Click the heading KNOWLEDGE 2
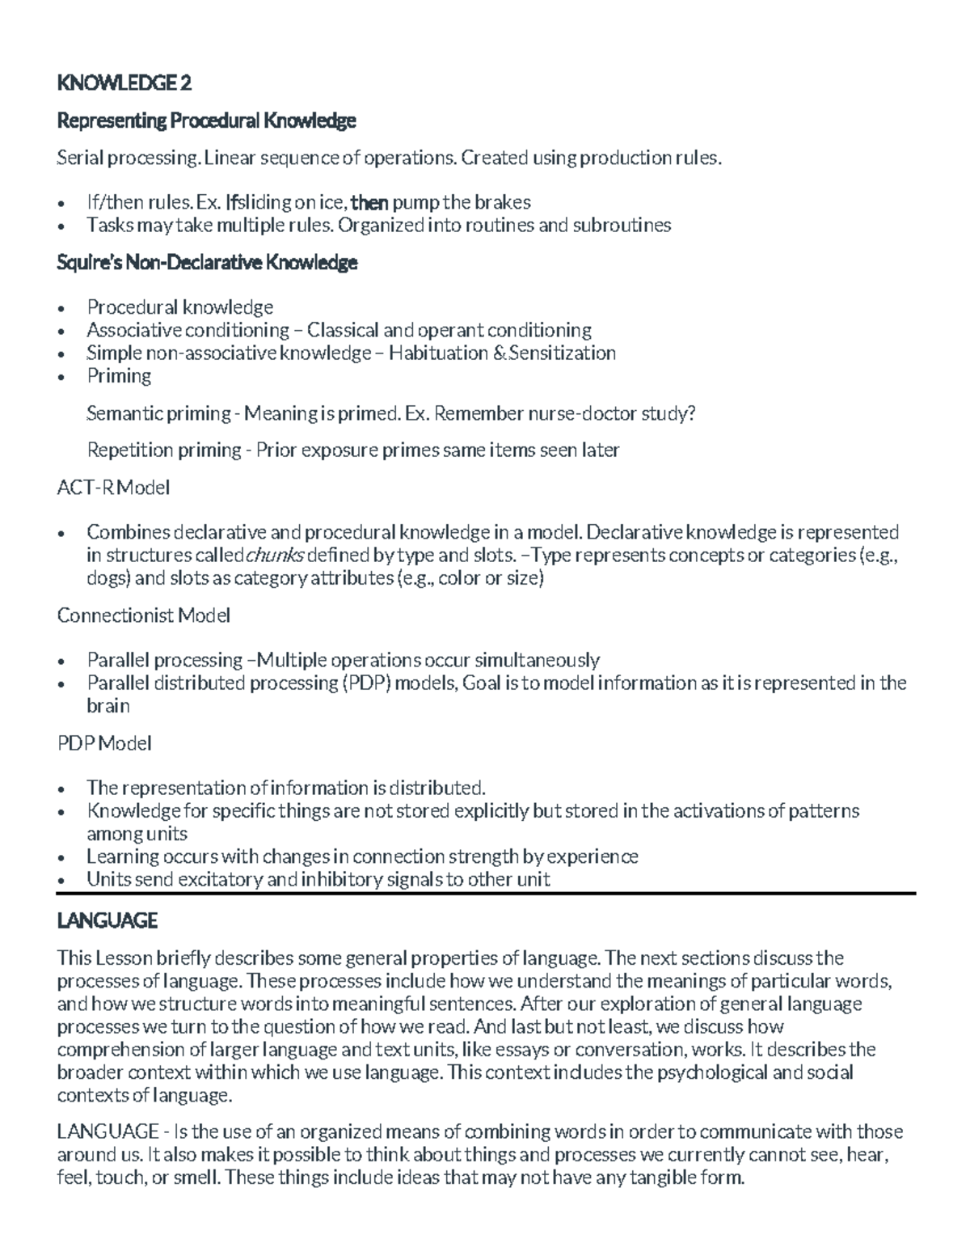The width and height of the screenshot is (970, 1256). coord(124,82)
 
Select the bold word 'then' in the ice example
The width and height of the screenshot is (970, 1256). coord(371,201)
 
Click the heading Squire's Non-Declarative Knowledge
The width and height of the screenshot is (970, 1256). coord(207,263)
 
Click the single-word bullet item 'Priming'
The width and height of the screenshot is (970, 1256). coord(119,375)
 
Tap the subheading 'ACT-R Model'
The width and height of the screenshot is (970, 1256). coord(113,488)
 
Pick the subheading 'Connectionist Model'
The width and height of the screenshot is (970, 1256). coord(144,615)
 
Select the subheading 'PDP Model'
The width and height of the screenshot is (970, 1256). coord(104,742)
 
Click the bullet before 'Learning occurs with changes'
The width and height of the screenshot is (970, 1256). coord(62,857)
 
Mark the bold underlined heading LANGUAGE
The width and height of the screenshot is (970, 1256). coord(108,920)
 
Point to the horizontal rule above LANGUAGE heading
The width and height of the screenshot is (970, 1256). coord(485,893)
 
